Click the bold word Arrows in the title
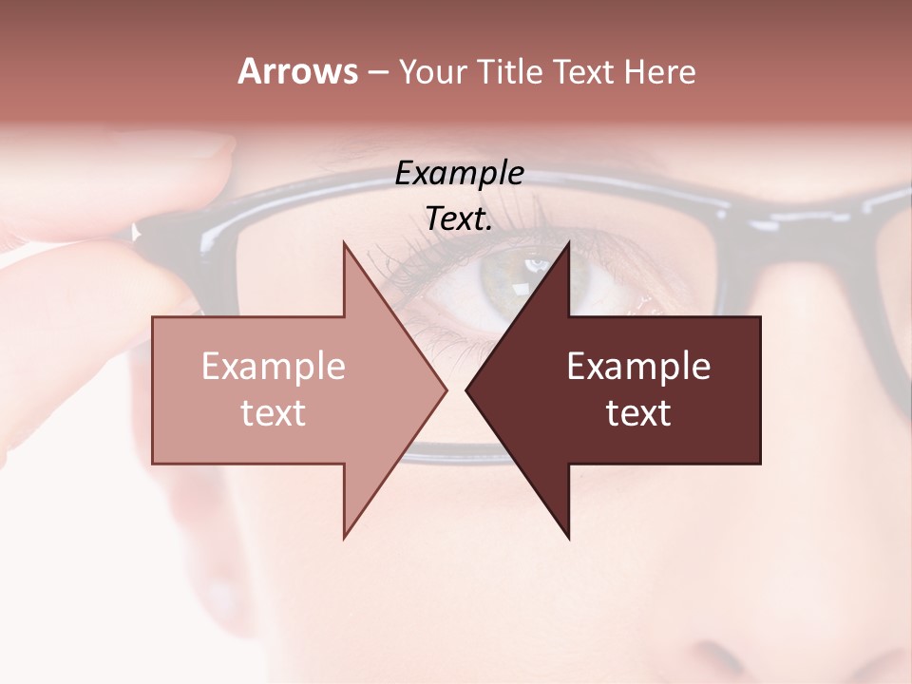(297, 71)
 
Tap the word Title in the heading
(510, 72)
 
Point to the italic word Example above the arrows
(460, 174)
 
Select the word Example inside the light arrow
(274, 367)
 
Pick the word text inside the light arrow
(274, 413)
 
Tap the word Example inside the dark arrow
(638, 367)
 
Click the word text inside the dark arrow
(638, 413)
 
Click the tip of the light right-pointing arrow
(446, 389)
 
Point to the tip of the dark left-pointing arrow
(466, 389)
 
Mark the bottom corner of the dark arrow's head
(569, 538)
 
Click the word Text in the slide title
(579, 72)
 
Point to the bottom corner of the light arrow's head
(344, 537)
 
